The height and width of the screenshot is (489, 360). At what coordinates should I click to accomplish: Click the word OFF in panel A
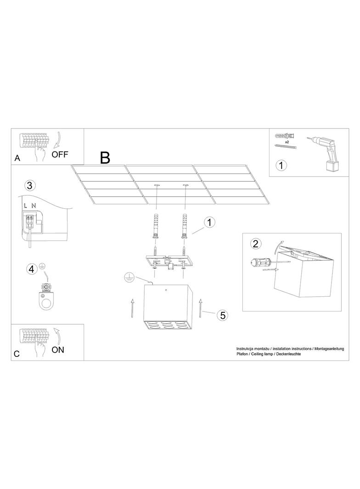60,154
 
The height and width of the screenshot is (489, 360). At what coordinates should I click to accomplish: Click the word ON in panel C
58,350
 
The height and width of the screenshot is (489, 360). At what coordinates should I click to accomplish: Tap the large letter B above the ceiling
105,158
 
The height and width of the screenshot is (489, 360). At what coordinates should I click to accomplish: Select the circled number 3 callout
30,186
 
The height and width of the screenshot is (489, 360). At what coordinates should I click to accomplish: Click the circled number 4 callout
32,268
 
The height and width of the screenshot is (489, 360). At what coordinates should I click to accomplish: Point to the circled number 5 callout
222,315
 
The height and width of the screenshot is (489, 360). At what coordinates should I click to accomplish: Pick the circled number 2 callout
256,243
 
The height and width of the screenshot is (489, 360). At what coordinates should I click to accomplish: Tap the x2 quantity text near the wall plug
287,142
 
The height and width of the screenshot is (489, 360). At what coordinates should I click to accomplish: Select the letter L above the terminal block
26,206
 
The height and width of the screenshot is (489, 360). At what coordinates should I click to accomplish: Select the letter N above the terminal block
34,206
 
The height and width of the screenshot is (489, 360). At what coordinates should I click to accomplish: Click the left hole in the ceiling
157,186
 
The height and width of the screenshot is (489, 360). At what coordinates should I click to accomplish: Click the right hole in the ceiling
186,186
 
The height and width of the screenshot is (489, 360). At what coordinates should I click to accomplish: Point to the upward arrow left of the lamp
132,308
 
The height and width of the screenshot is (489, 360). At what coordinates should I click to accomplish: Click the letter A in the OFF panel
17,158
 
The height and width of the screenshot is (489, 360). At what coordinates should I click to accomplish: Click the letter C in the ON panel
17,354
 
